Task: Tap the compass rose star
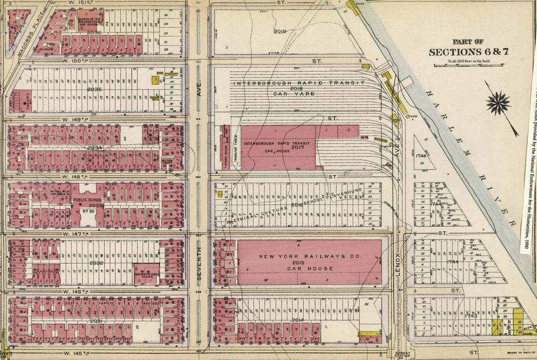(x=498, y=103)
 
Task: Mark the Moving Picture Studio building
(x=146, y=273)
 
